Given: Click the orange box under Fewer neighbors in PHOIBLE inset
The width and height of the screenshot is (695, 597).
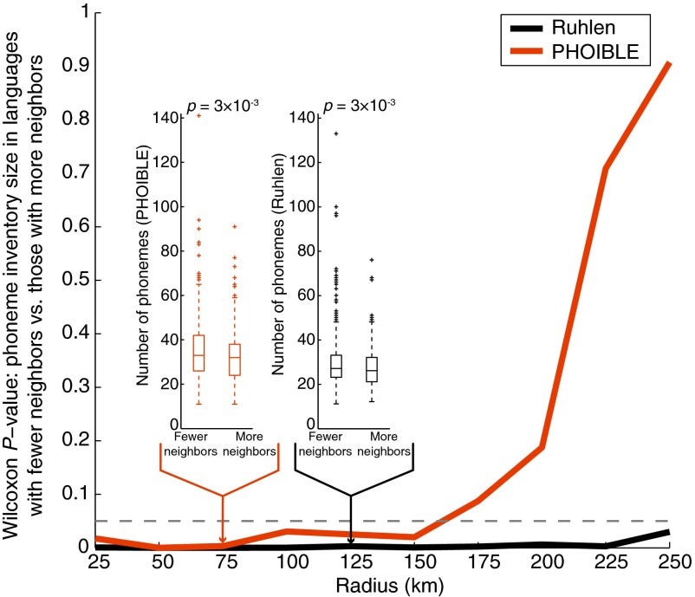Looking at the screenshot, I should click(198, 353).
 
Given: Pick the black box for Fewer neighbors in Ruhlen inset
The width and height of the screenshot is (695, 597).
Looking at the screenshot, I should click(336, 366).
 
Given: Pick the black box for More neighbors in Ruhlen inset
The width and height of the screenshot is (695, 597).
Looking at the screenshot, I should click(372, 369).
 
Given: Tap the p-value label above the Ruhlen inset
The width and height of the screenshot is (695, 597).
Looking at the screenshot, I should click(359, 106).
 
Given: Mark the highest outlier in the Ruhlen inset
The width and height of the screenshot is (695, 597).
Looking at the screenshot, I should click(336, 133).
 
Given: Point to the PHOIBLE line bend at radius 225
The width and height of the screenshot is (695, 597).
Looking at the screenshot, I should click(606, 166).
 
